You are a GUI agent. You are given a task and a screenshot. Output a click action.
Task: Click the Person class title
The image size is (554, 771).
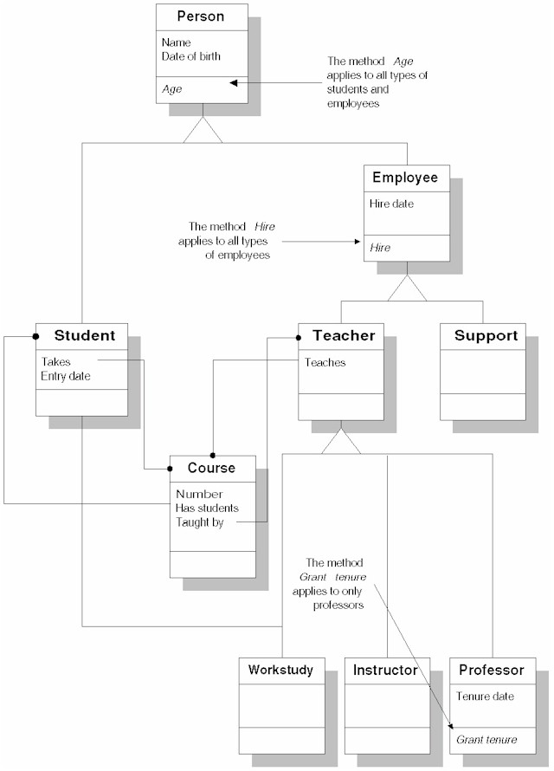pyautogui.click(x=201, y=16)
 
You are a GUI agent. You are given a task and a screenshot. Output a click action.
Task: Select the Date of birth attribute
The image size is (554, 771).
pyautogui.click(x=190, y=56)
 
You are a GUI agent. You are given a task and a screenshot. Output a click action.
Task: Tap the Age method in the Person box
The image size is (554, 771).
pyautogui.click(x=171, y=88)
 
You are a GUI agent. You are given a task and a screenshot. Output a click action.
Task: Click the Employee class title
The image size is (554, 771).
pyautogui.click(x=405, y=178)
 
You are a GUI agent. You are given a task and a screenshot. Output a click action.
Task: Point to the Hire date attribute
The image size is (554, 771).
pyautogui.click(x=391, y=204)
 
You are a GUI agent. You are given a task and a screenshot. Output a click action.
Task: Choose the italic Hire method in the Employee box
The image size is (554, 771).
pyautogui.click(x=380, y=248)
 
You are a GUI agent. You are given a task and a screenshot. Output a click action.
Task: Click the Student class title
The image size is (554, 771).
pyautogui.click(x=84, y=335)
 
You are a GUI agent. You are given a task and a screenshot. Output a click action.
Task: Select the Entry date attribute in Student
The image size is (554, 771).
pyautogui.click(x=66, y=376)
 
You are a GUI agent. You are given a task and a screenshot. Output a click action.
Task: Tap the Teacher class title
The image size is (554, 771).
pyautogui.click(x=344, y=335)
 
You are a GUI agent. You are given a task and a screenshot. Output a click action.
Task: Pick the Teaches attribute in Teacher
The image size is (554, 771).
pyautogui.click(x=325, y=363)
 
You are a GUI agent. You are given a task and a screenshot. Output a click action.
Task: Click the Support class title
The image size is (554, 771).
pyautogui.click(x=486, y=335)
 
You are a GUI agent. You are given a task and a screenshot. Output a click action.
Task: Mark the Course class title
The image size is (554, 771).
pyautogui.click(x=211, y=468)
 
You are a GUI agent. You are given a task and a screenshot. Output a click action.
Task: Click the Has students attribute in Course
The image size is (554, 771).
pyautogui.click(x=207, y=509)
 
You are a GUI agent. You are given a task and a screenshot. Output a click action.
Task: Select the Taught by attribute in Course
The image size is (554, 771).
pyautogui.click(x=199, y=522)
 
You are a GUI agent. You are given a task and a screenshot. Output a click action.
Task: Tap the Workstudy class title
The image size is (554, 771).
pyautogui.click(x=280, y=670)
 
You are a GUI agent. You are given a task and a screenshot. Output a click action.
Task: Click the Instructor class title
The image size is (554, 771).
pyautogui.click(x=385, y=670)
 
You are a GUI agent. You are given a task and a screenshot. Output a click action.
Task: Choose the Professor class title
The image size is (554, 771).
pyautogui.click(x=492, y=670)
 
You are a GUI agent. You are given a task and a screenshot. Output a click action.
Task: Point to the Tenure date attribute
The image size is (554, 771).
pyautogui.click(x=485, y=696)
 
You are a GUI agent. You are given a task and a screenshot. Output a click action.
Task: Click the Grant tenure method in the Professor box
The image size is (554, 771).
pyautogui.click(x=486, y=739)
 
